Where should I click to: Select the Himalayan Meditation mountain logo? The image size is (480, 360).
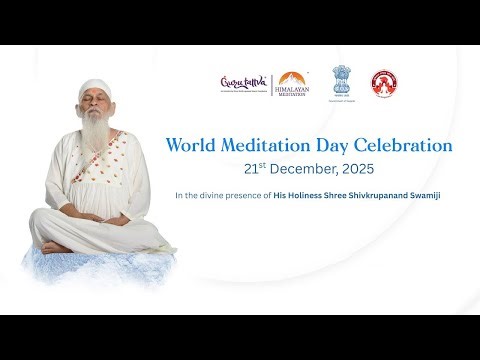[x=292, y=84]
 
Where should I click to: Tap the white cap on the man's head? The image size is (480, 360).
[x=94, y=88]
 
